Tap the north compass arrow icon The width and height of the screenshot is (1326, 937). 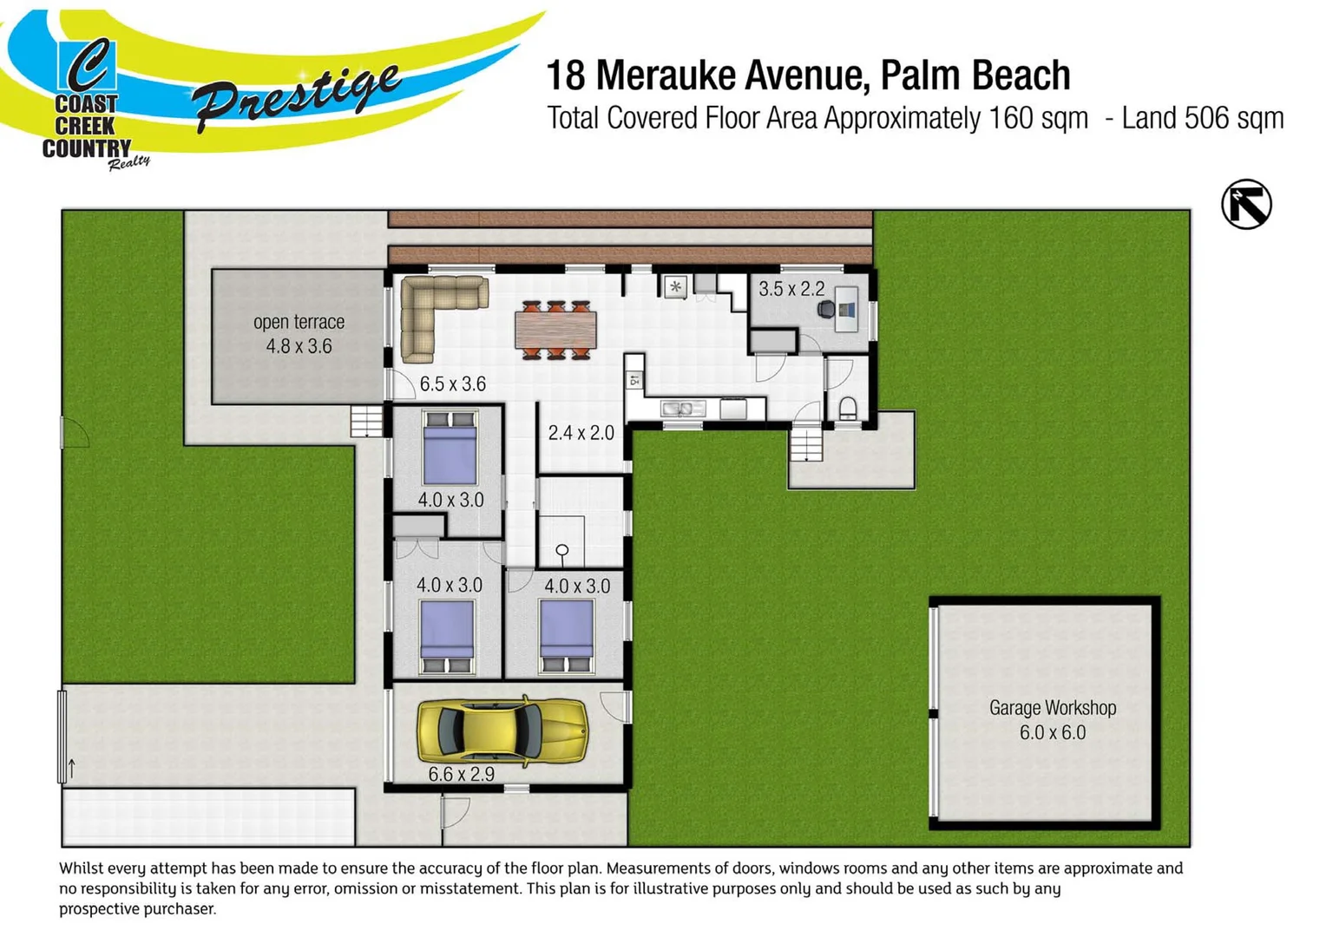pos(1246,205)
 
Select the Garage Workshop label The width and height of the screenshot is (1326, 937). pos(1052,708)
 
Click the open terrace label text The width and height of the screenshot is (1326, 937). pos(299,322)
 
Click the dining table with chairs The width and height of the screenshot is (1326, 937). pos(555,330)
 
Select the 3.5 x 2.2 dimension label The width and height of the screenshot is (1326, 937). pos(791,289)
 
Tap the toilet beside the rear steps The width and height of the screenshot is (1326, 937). pos(848,407)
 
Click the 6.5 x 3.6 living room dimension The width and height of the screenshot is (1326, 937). pos(452,383)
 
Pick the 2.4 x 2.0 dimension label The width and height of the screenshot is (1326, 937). pos(581,432)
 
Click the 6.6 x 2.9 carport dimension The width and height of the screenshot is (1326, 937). pos(461,774)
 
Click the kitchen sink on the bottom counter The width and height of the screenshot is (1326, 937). pos(682,408)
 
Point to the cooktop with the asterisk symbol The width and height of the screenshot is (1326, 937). pos(675,286)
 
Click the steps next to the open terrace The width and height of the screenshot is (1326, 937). pos(366,421)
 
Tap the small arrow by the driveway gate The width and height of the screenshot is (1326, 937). pos(72,768)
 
